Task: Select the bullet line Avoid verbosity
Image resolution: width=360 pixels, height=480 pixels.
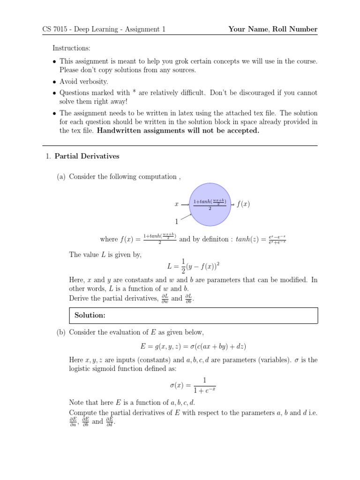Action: pos(83,82)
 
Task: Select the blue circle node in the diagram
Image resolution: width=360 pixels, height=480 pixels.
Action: pos(210,203)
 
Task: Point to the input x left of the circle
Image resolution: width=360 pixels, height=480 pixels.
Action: pos(177,204)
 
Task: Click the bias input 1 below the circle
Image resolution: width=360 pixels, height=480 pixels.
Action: pos(177,222)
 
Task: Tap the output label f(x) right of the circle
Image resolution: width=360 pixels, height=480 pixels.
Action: pos(243,204)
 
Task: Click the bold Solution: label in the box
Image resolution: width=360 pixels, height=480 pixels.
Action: pos(90,315)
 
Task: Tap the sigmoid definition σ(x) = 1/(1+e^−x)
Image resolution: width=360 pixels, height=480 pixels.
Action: pos(193,385)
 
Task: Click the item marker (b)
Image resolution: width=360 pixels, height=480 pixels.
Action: pos(61,332)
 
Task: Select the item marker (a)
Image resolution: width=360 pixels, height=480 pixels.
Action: pos(61,177)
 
